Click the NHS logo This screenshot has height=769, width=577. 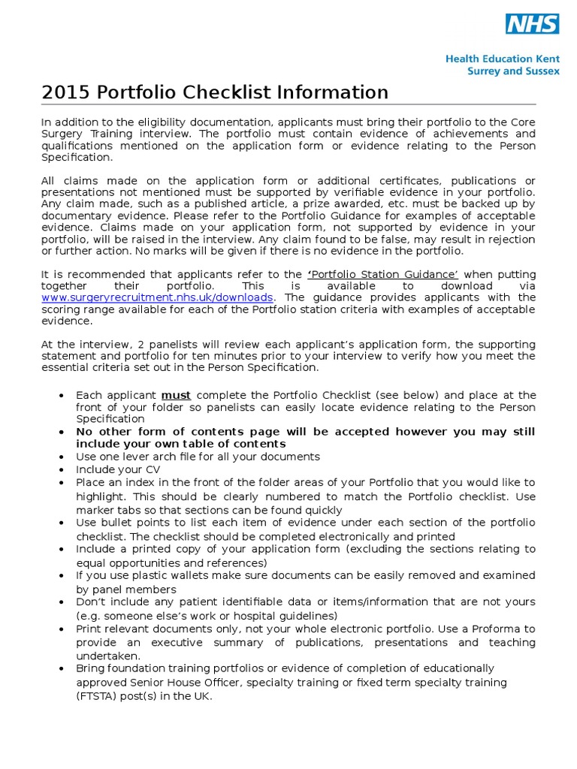tap(532, 24)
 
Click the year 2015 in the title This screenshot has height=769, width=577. tap(65, 92)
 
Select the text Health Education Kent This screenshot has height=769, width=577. tap(502, 57)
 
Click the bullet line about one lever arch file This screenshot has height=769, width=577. tap(198, 456)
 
